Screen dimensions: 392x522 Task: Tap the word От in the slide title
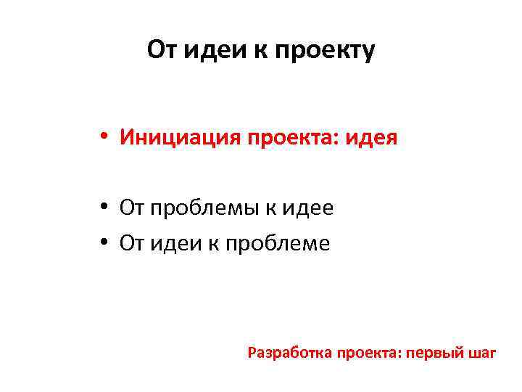162,50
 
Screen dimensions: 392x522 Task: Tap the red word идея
373,136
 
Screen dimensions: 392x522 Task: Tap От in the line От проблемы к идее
133,208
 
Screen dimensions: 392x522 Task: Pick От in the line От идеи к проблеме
133,243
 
